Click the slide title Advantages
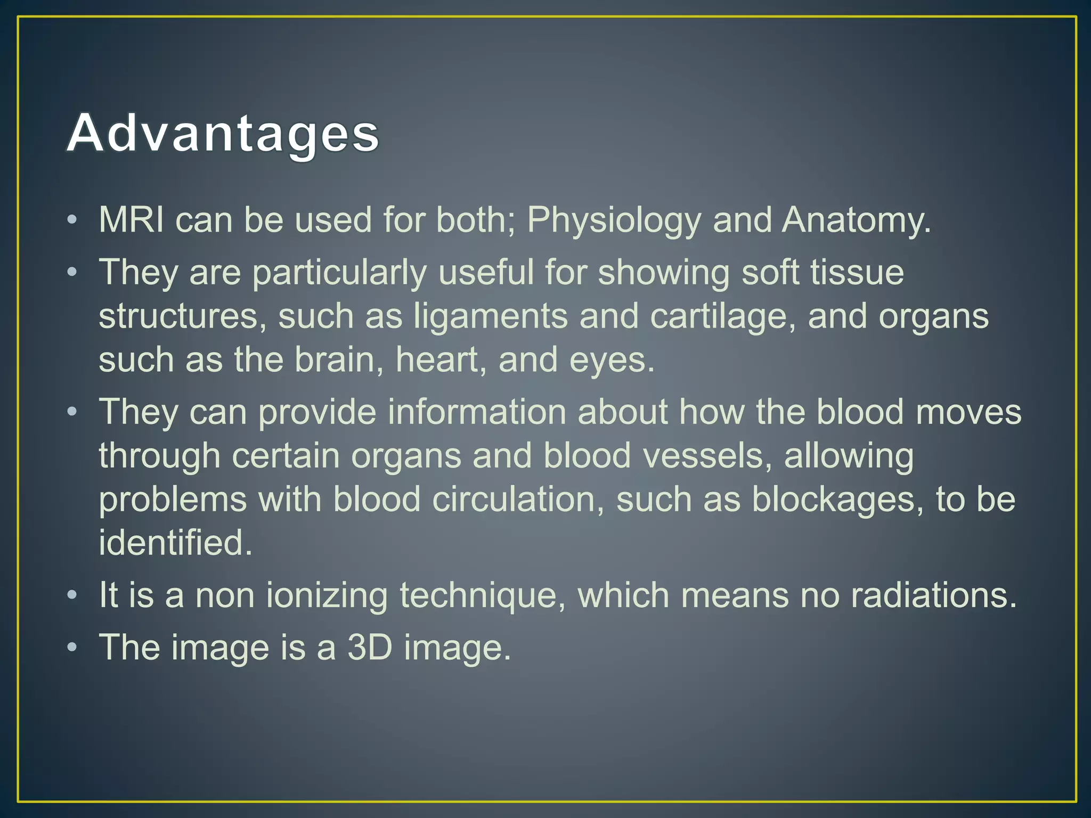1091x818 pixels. tap(223, 133)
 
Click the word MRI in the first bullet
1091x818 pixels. tap(131, 219)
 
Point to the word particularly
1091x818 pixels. tap(339, 273)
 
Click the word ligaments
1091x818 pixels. tap(491, 316)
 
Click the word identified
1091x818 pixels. tap(175, 543)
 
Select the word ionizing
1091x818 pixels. tap(327, 595)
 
